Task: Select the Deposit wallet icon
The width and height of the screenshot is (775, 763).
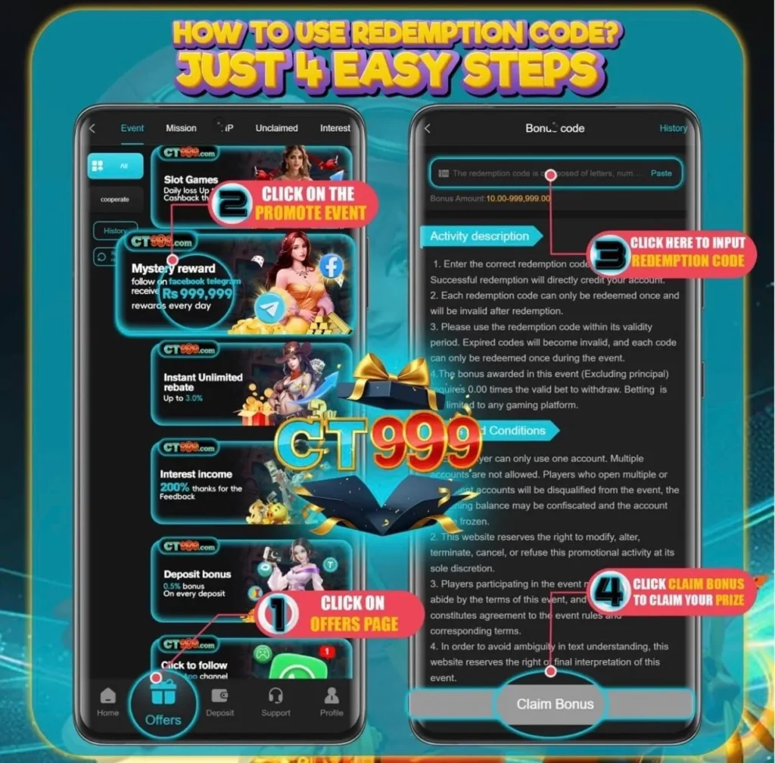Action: pos(220,696)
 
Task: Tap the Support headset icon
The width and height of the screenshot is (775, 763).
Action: pos(275,696)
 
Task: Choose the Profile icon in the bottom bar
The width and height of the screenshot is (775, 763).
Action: pos(331,695)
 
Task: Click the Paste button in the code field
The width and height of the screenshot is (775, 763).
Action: pos(661,173)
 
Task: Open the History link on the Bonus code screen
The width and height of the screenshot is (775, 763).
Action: pos(673,128)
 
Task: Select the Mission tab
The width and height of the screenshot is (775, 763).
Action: pos(181,128)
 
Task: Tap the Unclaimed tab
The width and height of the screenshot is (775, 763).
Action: pos(276,128)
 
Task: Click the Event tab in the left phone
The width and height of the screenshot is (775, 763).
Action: pos(132,128)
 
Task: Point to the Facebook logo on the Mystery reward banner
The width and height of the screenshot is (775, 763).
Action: pos(331,266)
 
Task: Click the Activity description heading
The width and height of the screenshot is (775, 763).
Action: pos(479,236)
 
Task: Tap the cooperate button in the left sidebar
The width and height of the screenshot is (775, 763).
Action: pos(115,199)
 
